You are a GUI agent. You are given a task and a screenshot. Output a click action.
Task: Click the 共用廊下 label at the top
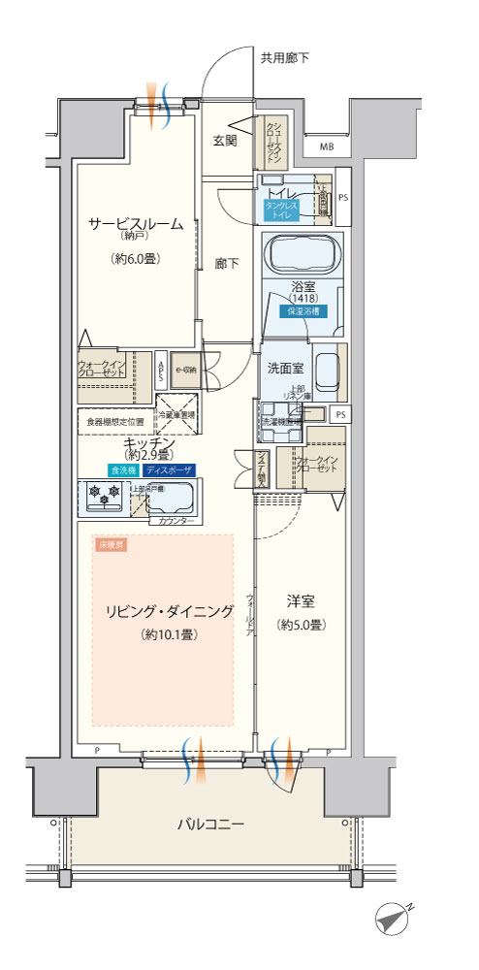285,58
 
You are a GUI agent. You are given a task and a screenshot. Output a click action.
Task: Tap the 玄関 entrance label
225,141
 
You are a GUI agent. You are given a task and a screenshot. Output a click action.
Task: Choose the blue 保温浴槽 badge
303,312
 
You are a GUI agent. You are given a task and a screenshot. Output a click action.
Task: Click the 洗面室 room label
285,368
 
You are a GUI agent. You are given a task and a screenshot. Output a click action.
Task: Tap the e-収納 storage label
185,370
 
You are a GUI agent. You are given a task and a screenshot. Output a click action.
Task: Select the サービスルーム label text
136,224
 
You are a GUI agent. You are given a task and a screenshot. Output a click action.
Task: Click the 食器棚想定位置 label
115,422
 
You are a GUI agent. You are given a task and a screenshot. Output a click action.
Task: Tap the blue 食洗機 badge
123,469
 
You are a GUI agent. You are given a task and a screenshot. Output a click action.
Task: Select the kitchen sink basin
175,501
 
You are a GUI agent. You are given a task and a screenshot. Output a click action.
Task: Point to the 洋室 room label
300,600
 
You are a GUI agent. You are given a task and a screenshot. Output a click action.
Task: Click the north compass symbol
396,917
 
